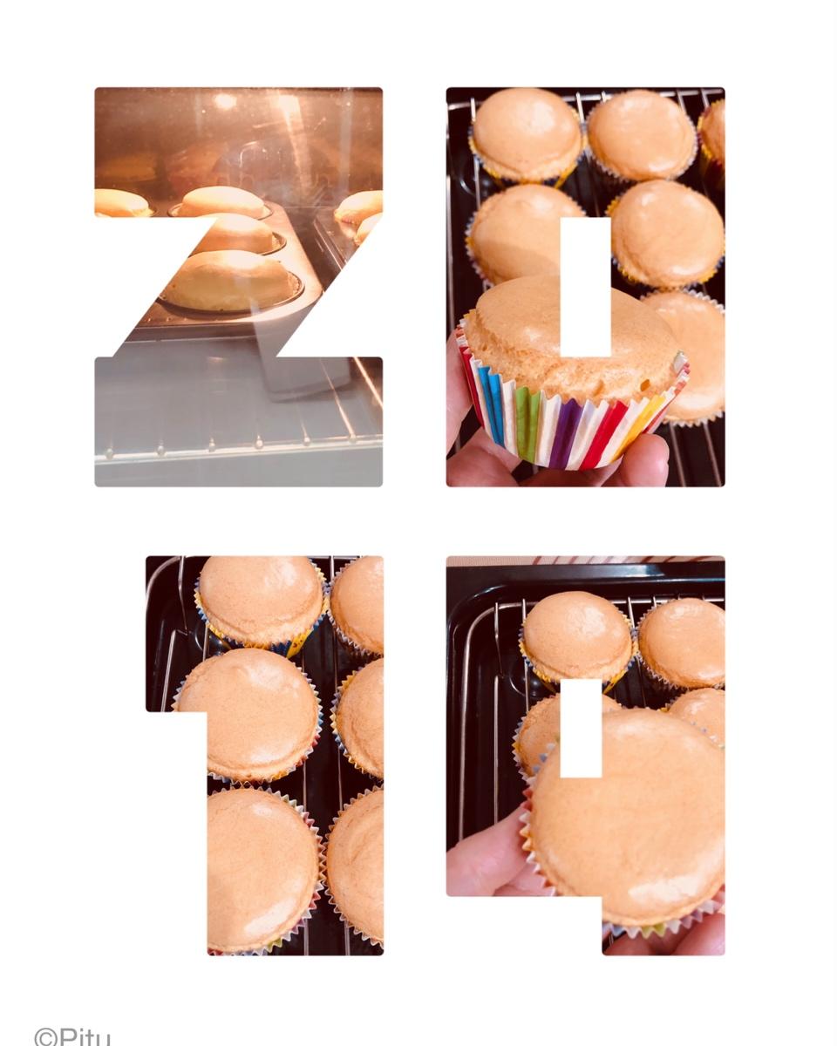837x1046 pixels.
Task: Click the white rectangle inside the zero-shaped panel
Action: coord(586,287)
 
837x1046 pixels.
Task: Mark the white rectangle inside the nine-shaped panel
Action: coord(582,728)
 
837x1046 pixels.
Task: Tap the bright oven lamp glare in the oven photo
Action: coord(225,101)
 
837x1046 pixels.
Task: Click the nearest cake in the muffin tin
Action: coord(229,281)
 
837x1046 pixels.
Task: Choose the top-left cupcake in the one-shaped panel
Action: coord(261,602)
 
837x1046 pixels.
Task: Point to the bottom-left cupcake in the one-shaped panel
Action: coord(262,873)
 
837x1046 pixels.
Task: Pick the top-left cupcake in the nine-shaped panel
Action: coord(578,636)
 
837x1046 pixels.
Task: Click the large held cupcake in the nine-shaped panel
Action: coord(628,817)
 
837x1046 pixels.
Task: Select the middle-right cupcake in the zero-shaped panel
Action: coord(666,234)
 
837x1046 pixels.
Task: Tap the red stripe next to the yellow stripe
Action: coord(623,420)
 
